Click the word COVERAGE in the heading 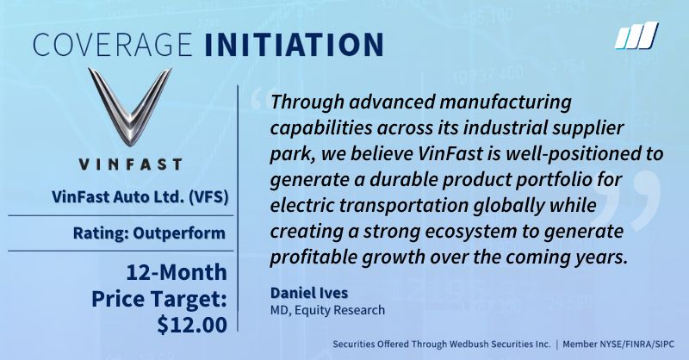point(113,44)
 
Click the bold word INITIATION point(294,44)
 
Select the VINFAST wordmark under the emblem point(130,164)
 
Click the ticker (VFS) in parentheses point(208,197)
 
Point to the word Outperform point(179,233)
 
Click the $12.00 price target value point(192,325)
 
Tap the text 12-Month point(177,272)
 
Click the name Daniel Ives point(309,293)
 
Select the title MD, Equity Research point(327,310)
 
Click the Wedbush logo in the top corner point(636,35)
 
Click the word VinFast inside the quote point(449,154)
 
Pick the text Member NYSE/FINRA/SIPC point(618,344)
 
